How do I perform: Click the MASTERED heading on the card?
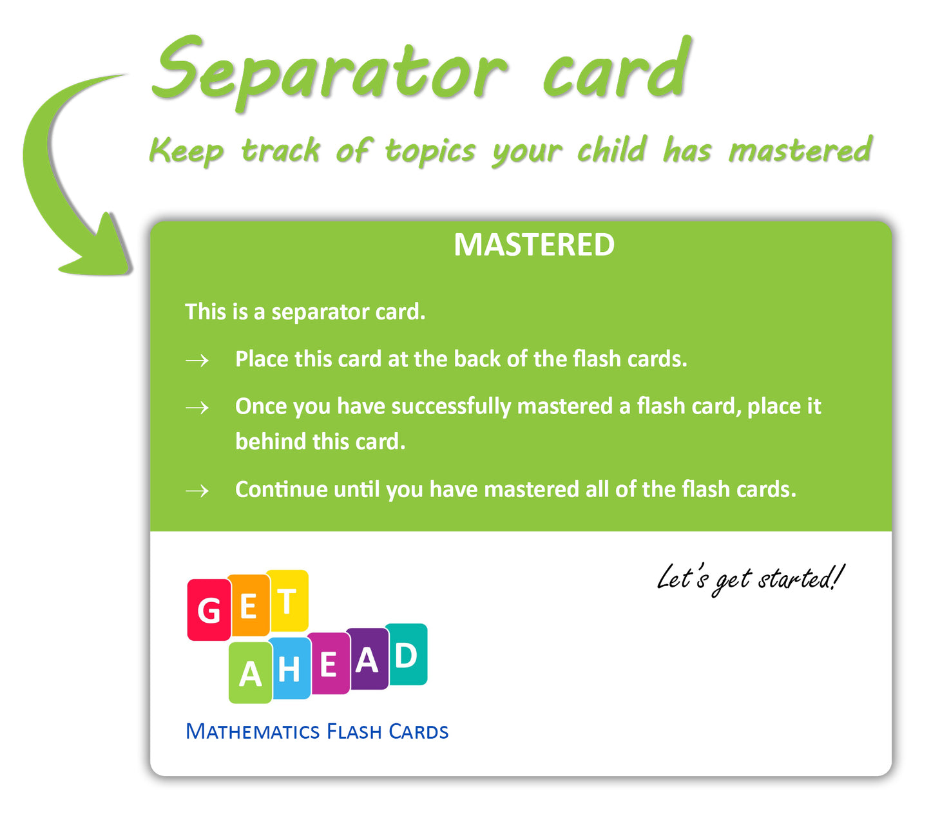[x=534, y=245]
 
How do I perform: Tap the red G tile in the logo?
[x=209, y=609]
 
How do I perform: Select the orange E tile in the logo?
[x=248, y=605]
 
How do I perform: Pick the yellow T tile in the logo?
[x=287, y=601]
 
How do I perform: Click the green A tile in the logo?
[x=251, y=672]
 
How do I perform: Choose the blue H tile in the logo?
[x=289, y=668]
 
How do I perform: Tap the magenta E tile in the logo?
[x=329, y=663]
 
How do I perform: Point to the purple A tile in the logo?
[x=367, y=659]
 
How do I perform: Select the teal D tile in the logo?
[x=406, y=654]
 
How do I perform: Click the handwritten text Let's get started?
[x=750, y=580]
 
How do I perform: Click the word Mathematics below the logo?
[x=253, y=732]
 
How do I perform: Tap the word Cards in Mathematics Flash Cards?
[x=418, y=732]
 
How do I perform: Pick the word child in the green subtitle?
[x=611, y=150]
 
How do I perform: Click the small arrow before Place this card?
[x=197, y=361]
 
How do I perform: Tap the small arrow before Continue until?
[x=197, y=491]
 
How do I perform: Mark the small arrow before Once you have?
[x=197, y=408]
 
